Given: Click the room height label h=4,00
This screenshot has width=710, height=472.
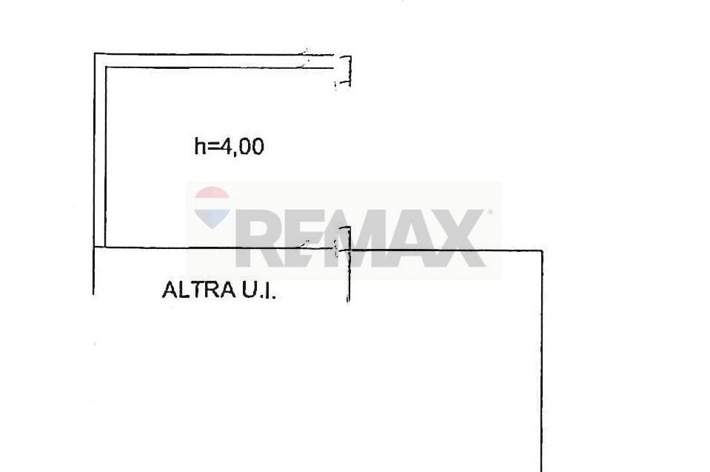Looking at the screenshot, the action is click(x=229, y=147).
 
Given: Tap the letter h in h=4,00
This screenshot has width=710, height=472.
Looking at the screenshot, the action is click(x=199, y=146).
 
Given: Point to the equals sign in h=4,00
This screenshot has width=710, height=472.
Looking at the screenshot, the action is click(x=212, y=147).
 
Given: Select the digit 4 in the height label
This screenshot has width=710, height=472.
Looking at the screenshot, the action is click(x=225, y=146).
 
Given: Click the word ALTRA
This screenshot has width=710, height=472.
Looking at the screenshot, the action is click(x=198, y=290).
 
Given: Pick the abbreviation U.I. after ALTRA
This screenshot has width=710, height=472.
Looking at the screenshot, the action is click(x=258, y=290).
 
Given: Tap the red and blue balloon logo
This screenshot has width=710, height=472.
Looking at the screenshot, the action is click(x=212, y=207).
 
